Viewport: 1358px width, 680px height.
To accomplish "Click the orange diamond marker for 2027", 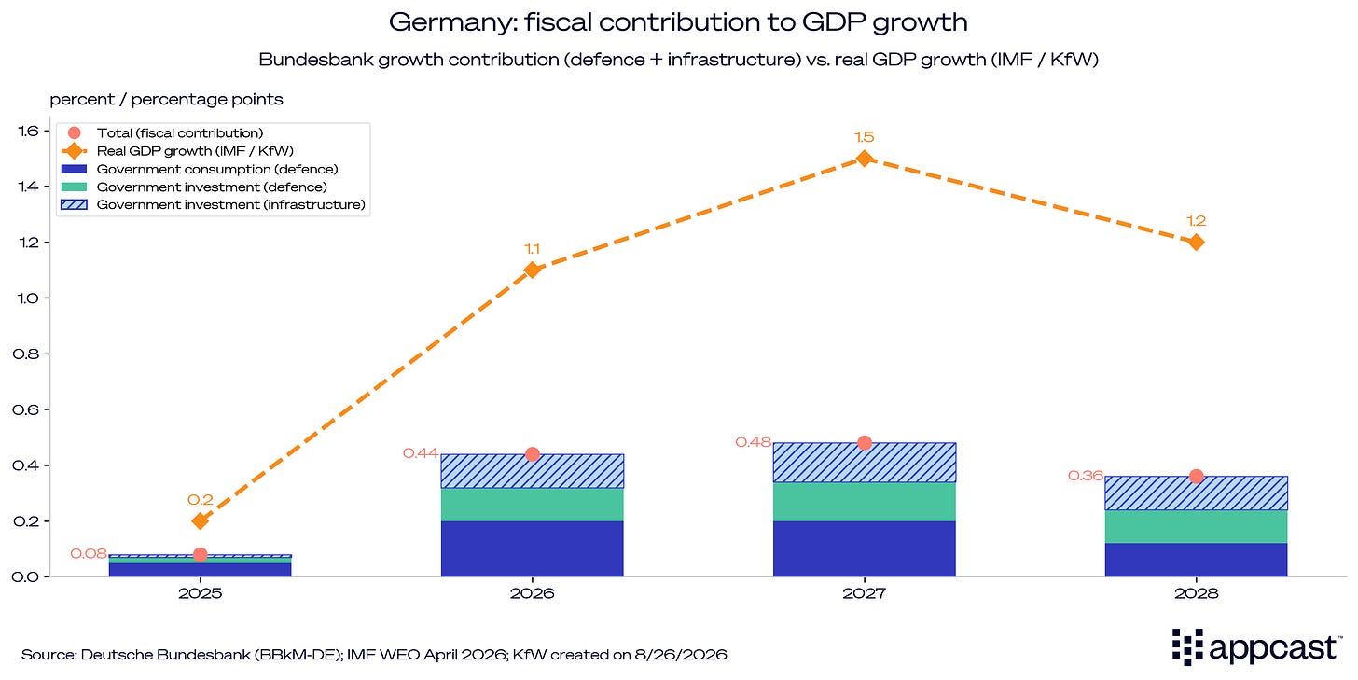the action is pos(865,159).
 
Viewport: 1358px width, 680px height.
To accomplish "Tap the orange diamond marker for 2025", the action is pos(200,520).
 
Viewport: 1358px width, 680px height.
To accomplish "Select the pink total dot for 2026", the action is pos(533,454).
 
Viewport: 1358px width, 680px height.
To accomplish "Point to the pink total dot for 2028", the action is pos(1196,477).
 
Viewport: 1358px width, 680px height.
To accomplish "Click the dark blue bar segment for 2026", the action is pos(533,548).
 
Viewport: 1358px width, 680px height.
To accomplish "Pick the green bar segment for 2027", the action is pos(865,502).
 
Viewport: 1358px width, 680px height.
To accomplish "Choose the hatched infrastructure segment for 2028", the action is pos(1196,493).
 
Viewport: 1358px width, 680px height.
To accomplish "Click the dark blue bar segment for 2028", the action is pos(1196,560).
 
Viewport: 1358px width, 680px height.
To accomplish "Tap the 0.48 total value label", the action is pos(753,442).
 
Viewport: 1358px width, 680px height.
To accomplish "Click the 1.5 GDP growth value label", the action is pos(865,137).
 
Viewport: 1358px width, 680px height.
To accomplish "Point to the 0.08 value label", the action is pos(89,554).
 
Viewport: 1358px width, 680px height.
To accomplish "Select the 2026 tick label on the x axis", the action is pos(533,593).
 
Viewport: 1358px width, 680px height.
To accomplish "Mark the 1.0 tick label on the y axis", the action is pos(26,298).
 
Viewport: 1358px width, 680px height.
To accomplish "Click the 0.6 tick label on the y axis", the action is pos(25,409).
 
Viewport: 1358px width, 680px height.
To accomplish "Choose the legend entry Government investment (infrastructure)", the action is pos(213,205).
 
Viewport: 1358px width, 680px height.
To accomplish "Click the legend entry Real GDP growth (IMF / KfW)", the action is pos(177,151).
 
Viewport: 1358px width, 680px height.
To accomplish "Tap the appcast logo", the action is pos(1256,647).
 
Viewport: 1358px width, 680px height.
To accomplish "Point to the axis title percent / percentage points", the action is pos(166,100).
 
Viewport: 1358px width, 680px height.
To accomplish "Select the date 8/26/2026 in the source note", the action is pos(680,655).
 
